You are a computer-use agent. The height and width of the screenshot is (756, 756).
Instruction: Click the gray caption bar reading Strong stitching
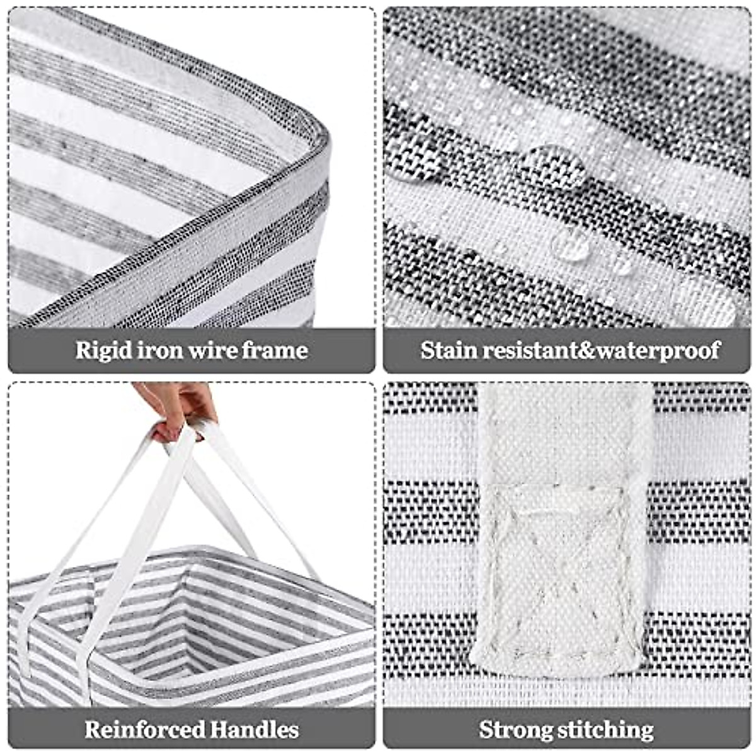pos(566,730)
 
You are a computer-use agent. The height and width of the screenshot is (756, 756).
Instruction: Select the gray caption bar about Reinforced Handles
pos(192,730)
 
